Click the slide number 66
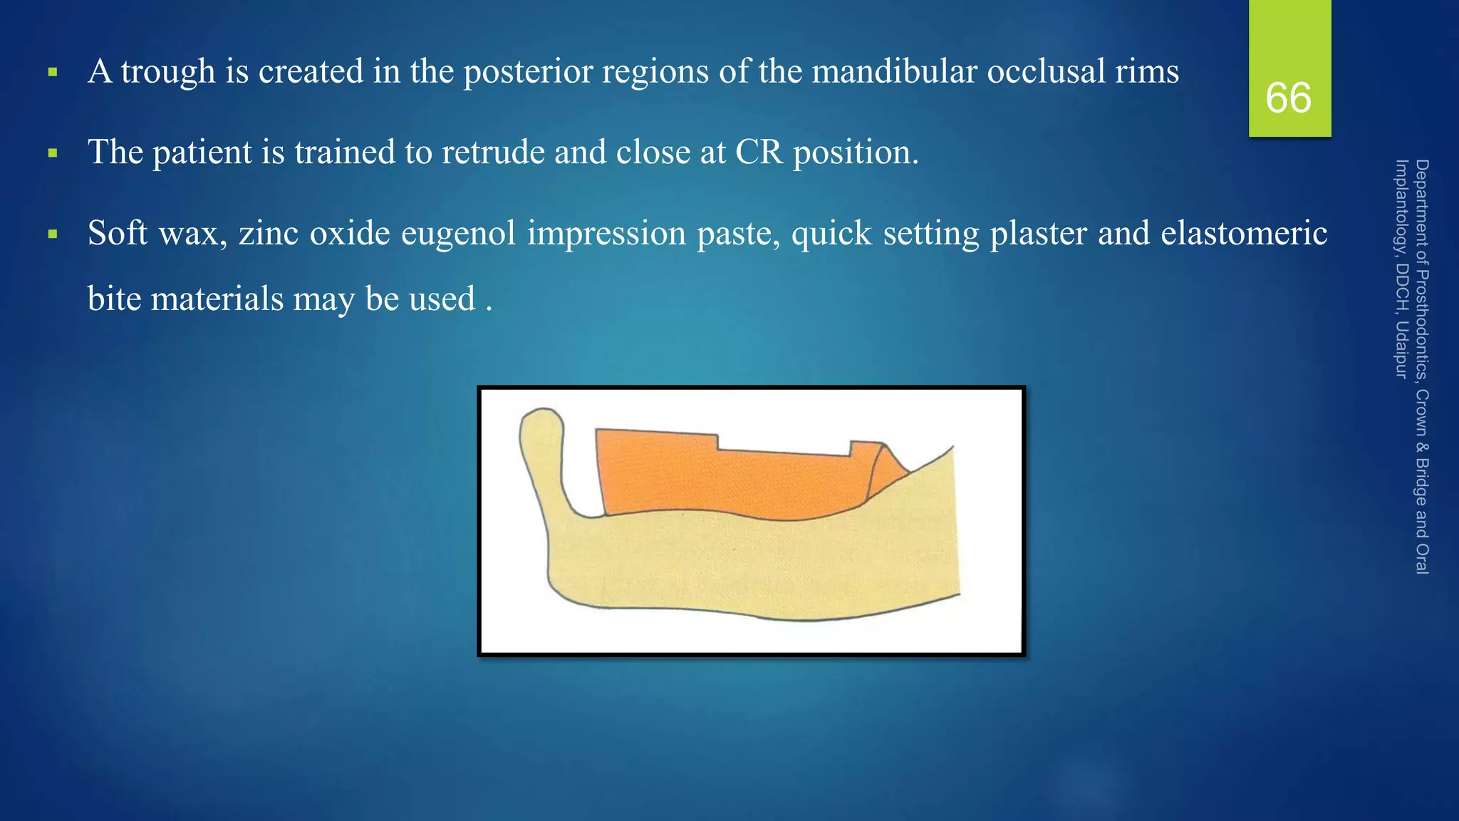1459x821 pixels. coord(1288,98)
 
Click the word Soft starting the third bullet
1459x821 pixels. coord(118,234)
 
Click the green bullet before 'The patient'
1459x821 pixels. coord(52,153)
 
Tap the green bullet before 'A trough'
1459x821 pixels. coord(52,72)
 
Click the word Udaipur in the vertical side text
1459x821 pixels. coord(1401,349)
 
